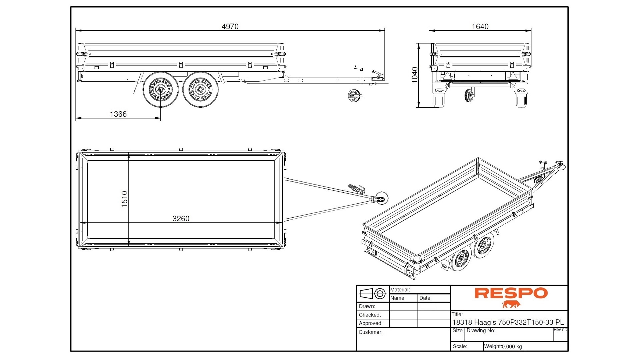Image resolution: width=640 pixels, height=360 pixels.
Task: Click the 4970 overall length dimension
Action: (230, 27)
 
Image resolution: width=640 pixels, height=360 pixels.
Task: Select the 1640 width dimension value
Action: (480, 27)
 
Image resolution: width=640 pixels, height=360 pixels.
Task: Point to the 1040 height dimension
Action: (415, 75)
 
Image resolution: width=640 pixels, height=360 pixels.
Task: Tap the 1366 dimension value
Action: (118, 114)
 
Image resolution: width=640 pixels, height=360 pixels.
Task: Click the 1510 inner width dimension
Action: (125, 199)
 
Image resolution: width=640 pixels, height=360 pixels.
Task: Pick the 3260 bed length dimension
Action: (181, 219)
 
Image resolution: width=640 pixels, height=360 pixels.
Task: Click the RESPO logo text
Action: (511, 293)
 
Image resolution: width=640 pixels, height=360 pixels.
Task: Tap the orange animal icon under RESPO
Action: (511, 304)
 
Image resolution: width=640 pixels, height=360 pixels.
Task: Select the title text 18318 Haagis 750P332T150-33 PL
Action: (508, 322)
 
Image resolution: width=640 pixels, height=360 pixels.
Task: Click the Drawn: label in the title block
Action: (367, 306)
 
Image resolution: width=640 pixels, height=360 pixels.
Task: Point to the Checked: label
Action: (370, 315)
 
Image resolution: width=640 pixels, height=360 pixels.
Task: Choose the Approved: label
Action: (371, 323)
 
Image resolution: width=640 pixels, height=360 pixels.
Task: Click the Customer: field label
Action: (370, 332)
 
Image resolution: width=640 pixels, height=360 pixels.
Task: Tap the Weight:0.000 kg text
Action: (503, 346)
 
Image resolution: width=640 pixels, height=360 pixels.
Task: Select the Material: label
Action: (400, 290)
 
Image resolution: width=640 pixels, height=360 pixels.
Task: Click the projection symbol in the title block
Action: (373, 294)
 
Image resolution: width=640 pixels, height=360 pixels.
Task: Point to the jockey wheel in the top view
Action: (381, 198)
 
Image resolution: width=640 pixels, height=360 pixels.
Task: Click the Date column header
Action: (425, 298)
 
